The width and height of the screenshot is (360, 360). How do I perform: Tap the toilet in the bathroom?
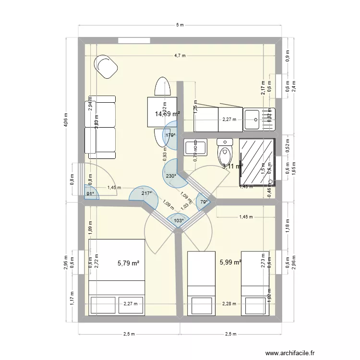(225, 152)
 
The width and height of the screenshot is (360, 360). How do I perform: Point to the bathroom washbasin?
(195, 146)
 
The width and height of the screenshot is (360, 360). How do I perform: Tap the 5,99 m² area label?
(230, 262)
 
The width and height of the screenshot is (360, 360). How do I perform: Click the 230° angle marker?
(171, 176)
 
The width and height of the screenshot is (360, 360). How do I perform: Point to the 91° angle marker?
(90, 194)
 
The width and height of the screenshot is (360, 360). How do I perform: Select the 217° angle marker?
(146, 193)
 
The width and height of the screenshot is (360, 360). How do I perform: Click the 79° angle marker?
(204, 202)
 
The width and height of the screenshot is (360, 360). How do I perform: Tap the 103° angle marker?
(178, 221)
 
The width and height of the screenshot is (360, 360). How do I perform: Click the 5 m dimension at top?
(180, 25)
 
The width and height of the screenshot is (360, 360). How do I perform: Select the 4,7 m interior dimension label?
(180, 56)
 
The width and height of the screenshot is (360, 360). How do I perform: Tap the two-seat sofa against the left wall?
(100, 127)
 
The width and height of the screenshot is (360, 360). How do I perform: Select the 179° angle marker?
(170, 135)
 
